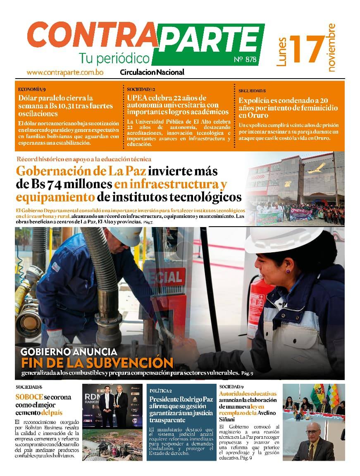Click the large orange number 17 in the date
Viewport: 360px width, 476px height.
tap(307, 49)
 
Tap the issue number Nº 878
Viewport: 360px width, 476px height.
tap(245, 60)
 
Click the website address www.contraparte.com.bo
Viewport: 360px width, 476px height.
tap(65, 72)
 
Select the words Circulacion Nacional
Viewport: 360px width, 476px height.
tap(152, 72)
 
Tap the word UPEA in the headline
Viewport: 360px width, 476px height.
tap(138, 98)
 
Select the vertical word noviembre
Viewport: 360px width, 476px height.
tap(331, 48)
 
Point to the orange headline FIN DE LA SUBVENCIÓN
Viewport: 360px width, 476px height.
tap(97, 363)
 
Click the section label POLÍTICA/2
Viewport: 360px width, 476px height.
tap(161, 390)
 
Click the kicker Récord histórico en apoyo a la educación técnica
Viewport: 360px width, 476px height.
tap(84, 159)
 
